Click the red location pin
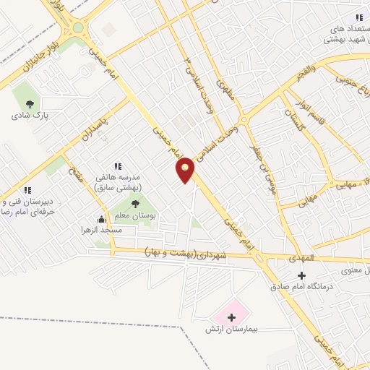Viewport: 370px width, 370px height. (x=186, y=169)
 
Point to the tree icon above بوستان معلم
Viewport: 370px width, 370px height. (x=135, y=204)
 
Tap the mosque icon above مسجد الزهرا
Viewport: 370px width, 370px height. (x=101, y=219)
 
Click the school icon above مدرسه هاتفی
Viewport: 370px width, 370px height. (x=119, y=167)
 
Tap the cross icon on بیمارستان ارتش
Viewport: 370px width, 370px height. (x=231, y=317)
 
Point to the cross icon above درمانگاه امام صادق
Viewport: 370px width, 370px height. (x=301, y=275)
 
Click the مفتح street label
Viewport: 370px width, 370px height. (x=75, y=176)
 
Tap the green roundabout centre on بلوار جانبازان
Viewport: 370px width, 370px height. (x=78, y=28)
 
